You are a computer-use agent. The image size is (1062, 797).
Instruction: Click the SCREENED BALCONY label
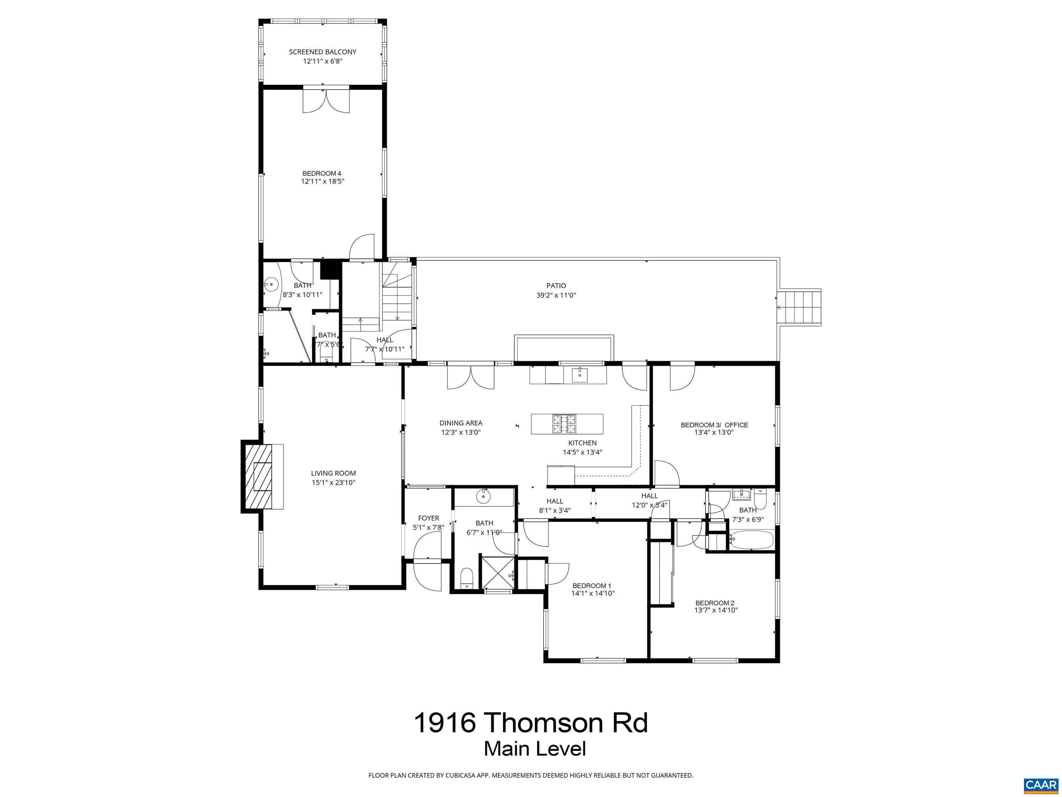click(322, 52)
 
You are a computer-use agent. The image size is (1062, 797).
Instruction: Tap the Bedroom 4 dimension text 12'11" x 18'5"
click(322, 182)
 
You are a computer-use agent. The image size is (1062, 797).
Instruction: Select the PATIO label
click(556, 286)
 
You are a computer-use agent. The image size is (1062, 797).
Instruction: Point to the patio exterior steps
click(799, 308)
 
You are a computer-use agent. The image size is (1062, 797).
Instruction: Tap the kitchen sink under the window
click(579, 374)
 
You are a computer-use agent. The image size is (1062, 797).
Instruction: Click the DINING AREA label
click(460, 423)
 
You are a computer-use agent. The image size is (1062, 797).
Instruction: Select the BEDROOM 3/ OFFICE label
click(714, 425)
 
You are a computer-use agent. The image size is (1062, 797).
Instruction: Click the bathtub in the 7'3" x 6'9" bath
click(751, 540)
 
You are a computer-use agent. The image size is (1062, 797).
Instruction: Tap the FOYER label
click(428, 519)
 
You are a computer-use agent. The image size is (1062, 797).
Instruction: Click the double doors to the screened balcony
click(326, 101)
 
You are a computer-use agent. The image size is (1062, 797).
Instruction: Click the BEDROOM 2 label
click(715, 603)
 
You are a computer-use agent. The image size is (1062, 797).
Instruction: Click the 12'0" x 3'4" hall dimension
click(649, 505)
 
